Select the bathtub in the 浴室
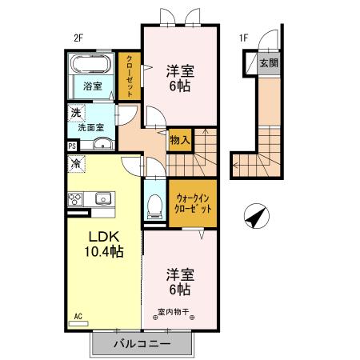[x=90, y=65]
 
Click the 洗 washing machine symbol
[x=75, y=113]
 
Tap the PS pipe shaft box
[x=72, y=146]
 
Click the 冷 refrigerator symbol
[x=76, y=164]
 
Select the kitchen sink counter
[x=93, y=199]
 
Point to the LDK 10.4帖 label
[x=105, y=243]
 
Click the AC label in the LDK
[x=78, y=316]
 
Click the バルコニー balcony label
[x=141, y=344]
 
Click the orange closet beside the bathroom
[x=130, y=75]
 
